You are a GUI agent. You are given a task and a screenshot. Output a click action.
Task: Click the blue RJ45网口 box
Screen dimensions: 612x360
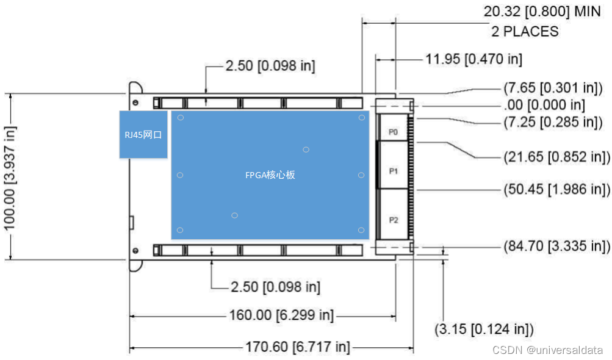click(143, 135)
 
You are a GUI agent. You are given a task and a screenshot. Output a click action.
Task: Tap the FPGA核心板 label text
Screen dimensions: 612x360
click(270, 175)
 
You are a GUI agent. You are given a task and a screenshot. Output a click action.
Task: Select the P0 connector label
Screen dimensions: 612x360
click(393, 132)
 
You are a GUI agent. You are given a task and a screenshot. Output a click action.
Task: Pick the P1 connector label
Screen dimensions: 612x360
click(394, 171)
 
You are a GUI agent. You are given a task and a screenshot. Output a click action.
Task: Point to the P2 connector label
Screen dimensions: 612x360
click(394, 220)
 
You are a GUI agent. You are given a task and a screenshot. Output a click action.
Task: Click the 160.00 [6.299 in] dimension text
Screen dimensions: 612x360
click(281, 315)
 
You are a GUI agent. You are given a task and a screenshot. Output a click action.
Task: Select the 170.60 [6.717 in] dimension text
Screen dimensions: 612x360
click(297, 347)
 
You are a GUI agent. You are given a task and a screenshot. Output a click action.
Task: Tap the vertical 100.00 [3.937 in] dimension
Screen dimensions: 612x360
click(9, 178)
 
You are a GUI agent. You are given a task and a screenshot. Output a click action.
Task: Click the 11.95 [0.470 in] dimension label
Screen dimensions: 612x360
click(474, 59)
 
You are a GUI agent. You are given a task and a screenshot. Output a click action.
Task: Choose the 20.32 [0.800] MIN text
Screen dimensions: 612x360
click(542, 12)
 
